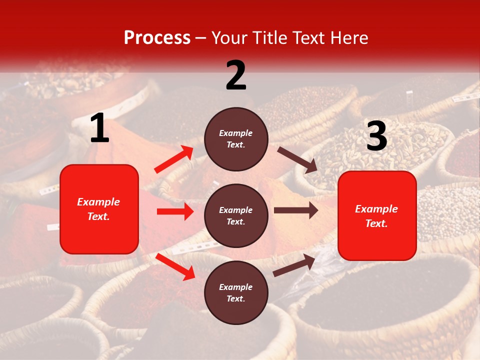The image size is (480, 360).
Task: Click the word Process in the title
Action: coord(157,38)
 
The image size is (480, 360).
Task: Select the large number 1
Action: coord(99,128)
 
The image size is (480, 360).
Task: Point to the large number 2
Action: coord(236,75)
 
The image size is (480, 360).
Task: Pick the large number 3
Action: coord(376,136)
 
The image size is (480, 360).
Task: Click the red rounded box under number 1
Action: coord(99,209)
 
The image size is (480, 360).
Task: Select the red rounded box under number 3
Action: coord(377,216)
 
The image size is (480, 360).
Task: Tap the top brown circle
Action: coord(236,139)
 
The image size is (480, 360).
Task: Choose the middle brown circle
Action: coord(236,216)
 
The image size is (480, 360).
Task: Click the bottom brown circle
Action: coord(236,293)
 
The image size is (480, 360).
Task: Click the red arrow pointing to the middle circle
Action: coord(175,211)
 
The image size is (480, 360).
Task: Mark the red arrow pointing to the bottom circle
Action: coord(175,266)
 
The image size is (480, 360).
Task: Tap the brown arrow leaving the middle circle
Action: coord(296,210)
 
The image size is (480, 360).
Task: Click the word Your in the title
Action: coord(228,38)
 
